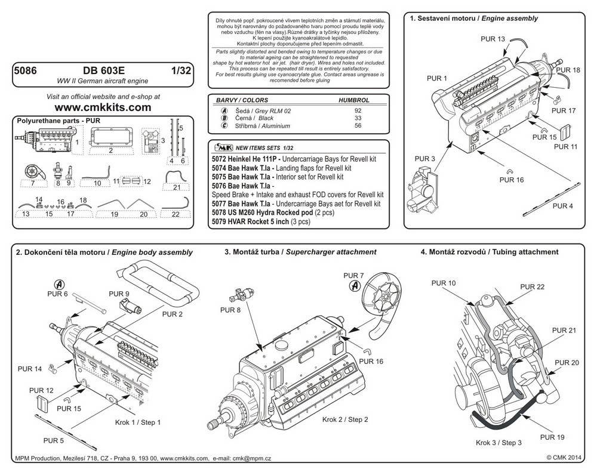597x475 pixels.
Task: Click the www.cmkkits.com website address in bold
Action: click(x=103, y=107)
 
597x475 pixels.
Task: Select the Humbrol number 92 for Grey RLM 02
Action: click(x=358, y=111)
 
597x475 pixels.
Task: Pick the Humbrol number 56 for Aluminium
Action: click(x=358, y=126)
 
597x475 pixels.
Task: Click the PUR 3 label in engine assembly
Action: click(x=426, y=159)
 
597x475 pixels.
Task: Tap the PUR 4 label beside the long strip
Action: click(x=563, y=205)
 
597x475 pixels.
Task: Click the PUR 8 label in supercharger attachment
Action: click(x=230, y=310)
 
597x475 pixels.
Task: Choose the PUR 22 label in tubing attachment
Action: click(x=532, y=287)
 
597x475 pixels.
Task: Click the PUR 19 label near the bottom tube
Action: click(x=552, y=437)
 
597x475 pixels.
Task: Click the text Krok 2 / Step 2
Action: click(x=345, y=420)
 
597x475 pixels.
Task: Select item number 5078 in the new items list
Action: click(x=220, y=212)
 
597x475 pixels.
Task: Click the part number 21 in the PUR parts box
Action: click(x=176, y=187)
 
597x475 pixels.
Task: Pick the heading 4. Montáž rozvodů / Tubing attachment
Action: click(x=490, y=252)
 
